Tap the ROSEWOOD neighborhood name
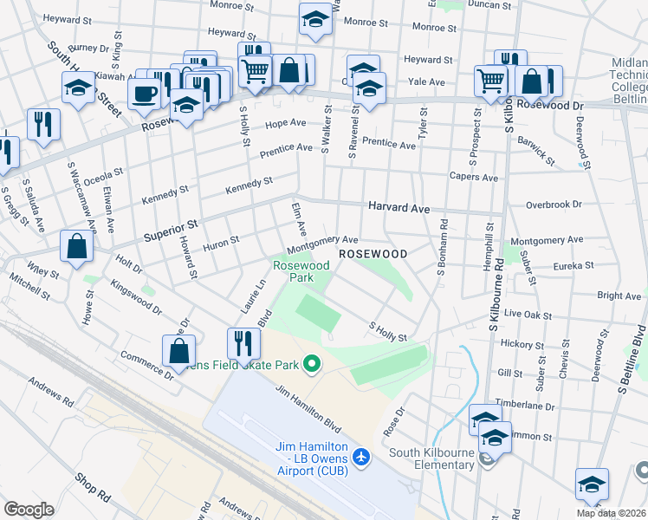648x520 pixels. tap(373, 254)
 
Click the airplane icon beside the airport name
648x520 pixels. tap(361, 456)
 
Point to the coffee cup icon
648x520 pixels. tap(145, 91)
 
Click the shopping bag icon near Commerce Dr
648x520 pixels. tap(179, 351)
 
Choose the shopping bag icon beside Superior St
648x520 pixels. tap(77, 246)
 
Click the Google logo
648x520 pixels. tap(29, 510)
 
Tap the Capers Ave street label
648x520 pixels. tap(473, 178)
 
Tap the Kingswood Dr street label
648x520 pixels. tap(137, 296)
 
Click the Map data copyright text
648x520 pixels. tap(611, 513)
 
